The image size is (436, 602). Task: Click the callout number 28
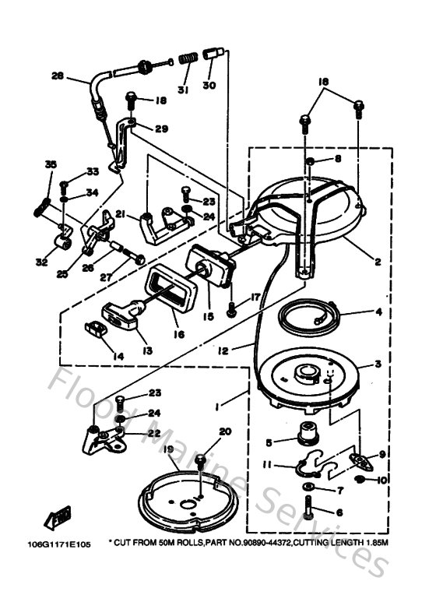57,76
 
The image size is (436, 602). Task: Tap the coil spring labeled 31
186,59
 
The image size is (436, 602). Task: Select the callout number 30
209,85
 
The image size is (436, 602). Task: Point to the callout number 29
160,128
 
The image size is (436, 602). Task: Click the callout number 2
376,262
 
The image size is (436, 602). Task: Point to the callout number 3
377,364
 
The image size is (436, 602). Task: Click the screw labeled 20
201,463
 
